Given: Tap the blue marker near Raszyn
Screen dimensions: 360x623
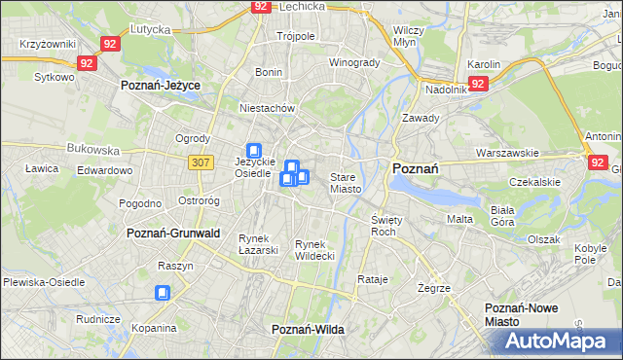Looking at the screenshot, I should click(x=163, y=292).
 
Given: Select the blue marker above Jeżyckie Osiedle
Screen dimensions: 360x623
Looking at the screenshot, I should click(x=254, y=151).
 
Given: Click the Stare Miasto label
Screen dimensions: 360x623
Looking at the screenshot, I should click(x=346, y=183).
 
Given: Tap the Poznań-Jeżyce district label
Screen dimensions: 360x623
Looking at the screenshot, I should click(x=161, y=86).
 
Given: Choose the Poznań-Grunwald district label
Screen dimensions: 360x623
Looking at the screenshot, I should click(x=174, y=234).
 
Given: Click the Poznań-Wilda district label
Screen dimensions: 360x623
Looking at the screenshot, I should click(x=309, y=330).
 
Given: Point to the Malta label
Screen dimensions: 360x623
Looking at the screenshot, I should click(x=459, y=219).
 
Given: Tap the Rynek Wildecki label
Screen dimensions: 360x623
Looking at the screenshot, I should click(x=314, y=250).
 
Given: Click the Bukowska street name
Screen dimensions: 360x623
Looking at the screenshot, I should click(x=93, y=151).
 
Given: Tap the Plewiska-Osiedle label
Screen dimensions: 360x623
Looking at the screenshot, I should click(x=43, y=282).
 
